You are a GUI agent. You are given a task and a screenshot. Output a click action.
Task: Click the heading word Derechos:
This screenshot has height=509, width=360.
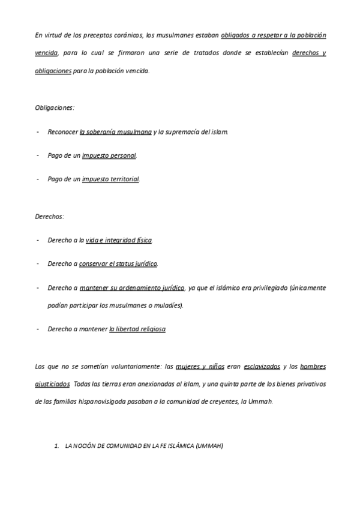point(50,215)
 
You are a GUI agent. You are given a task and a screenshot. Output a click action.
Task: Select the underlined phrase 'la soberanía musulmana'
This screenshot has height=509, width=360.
point(116,131)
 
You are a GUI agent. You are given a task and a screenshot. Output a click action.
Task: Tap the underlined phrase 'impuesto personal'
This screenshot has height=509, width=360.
point(109,155)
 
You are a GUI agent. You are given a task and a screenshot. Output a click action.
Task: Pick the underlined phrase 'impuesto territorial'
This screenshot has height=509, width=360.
point(110,179)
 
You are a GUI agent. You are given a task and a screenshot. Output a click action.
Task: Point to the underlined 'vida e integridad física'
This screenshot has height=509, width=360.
point(119,240)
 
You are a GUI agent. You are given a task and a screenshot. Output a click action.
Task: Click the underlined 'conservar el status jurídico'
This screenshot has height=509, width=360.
point(118,264)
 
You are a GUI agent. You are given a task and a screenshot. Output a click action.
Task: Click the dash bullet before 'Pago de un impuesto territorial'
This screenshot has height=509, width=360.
point(38,179)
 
